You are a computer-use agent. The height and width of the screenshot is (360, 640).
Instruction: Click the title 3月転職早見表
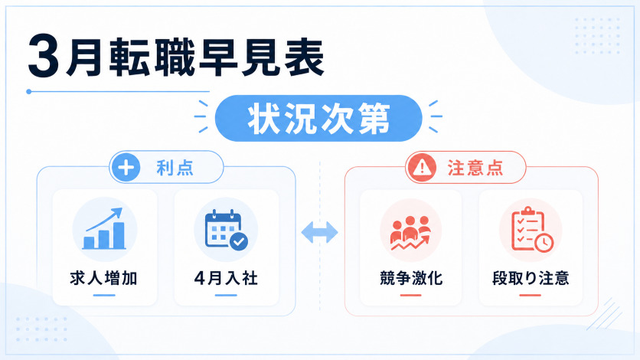click(176, 57)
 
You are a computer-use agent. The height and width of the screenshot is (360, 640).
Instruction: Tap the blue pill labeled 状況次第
click(318, 119)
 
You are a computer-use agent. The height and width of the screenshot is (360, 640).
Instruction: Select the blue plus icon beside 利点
click(126, 167)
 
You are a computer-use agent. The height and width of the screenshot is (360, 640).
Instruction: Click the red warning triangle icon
click(422, 167)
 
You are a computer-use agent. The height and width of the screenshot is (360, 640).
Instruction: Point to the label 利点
click(175, 168)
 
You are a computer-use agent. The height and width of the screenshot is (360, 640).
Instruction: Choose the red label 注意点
click(475, 168)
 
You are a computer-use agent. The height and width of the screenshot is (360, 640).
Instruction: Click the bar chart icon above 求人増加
click(104, 228)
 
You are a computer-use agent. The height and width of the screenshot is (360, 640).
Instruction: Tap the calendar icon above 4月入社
click(227, 229)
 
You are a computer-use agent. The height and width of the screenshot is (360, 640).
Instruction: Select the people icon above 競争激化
click(410, 233)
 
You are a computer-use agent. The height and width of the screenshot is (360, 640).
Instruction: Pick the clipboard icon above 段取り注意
click(532, 229)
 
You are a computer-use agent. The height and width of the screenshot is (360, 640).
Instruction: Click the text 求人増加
click(103, 278)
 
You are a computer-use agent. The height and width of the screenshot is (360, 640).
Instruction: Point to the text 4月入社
click(226, 278)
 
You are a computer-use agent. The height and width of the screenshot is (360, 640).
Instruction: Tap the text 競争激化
click(411, 278)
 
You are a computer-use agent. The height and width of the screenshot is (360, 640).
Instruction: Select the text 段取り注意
click(531, 278)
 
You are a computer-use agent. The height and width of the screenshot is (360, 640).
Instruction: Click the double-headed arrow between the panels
click(319, 233)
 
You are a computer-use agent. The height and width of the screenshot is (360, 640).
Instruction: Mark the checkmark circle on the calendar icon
click(239, 241)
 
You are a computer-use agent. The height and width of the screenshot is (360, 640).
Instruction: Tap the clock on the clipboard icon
click(544, 243)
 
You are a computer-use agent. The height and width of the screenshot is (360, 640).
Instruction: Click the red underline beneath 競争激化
click(410, 295)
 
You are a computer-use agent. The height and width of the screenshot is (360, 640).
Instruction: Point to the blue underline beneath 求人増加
click(104, 295)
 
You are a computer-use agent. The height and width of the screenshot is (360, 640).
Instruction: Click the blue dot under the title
click(28, 92)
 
